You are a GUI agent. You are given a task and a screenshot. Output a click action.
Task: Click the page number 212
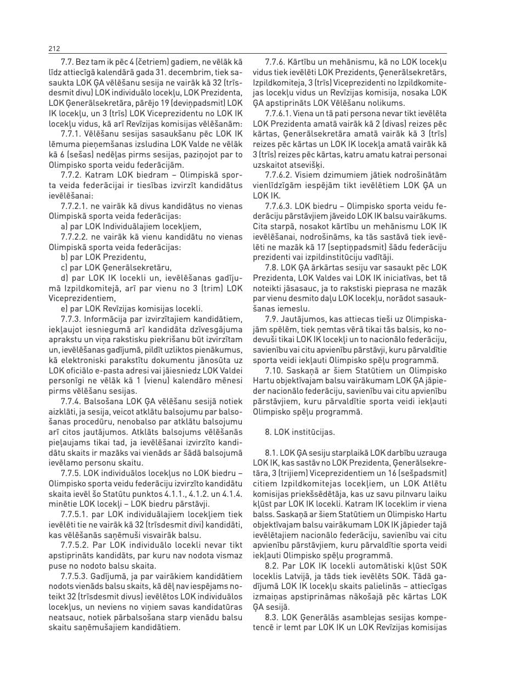point(54,49)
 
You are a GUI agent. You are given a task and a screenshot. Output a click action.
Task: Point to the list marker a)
point(64,225)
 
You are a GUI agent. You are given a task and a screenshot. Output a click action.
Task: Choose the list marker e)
point(64,308)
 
